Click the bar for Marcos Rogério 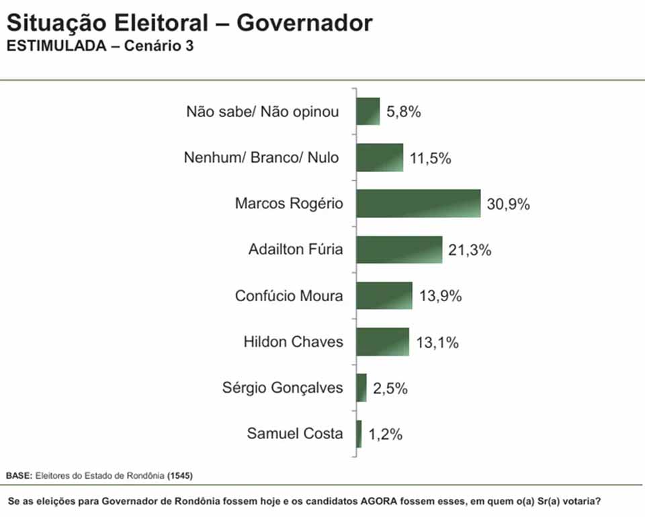(418, 204)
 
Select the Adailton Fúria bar (399, 249)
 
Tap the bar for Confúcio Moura (384, 296)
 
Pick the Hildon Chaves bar (382, 342)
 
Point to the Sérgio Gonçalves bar (361, 388)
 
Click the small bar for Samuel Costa (359, 434)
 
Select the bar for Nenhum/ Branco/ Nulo (380, 158)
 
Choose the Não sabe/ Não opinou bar (368, 112)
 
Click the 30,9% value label (509, 204)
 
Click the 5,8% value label (404, 112)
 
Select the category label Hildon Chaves (293, 342)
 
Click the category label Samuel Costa (295, 434)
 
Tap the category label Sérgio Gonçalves (282, 388)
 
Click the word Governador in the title (304, 24)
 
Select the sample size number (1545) (179, 475)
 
